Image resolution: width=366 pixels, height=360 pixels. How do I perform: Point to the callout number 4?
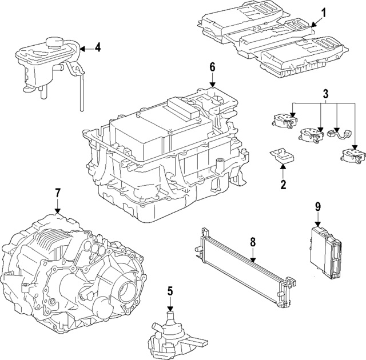97,47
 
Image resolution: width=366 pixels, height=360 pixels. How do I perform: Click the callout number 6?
212,67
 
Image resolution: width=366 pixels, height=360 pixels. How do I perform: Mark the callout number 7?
57,193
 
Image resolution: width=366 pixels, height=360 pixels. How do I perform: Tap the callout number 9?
317,207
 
